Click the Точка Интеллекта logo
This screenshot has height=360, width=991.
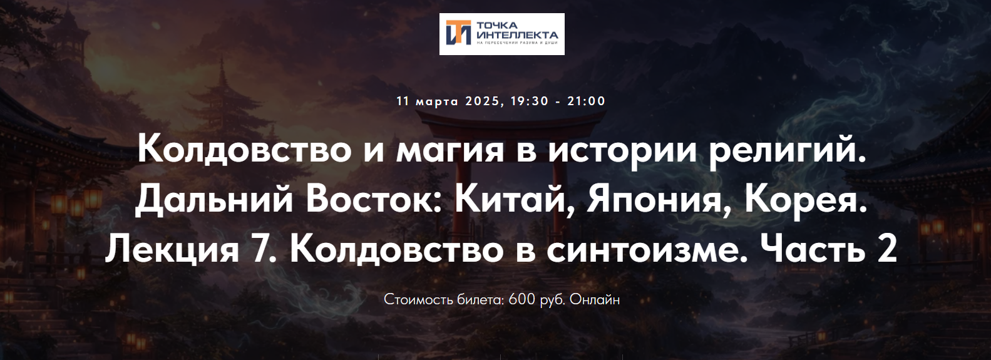click(501, 34)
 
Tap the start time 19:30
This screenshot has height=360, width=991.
click(530, 101)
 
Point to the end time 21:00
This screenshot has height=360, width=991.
click(587, 101)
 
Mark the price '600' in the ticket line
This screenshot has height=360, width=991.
click(522, 299)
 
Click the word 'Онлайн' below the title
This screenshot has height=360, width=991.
click(595, 299)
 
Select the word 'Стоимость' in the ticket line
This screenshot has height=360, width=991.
click(418, 299)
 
